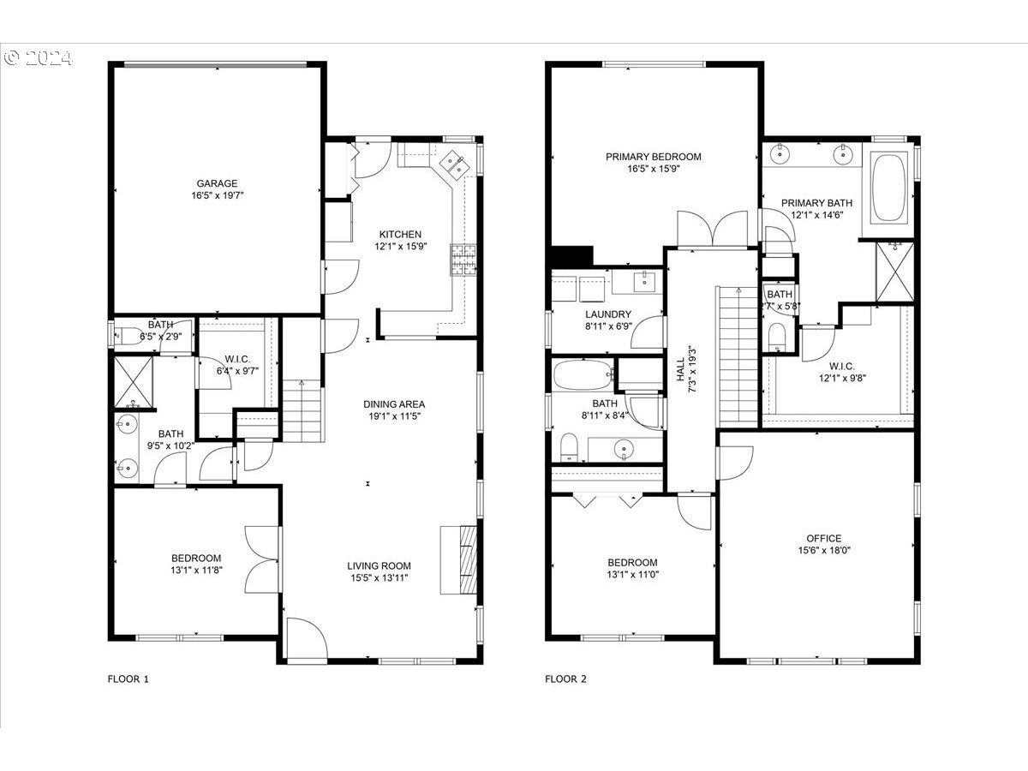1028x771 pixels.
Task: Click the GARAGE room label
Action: coord(217,183)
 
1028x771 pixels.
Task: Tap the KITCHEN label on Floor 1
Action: coord(401,234)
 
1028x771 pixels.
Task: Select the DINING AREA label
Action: coord(394,404)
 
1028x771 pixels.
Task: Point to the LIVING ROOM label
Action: coord(379,565)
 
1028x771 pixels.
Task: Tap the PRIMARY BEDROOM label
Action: coord(653,157)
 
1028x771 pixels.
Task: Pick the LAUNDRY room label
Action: coord(608,314)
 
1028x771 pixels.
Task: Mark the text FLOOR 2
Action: coord(565,679)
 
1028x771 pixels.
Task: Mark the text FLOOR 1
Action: coord(128,679)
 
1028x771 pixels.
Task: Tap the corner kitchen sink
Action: coord(454,163)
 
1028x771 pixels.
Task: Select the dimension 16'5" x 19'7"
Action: coord(217,195)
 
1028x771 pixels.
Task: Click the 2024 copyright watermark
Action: coord(39,58)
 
